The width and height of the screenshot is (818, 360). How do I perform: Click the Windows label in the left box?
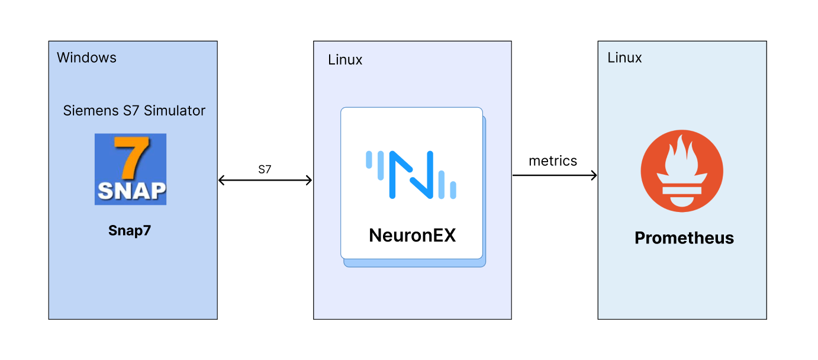click(86, 57)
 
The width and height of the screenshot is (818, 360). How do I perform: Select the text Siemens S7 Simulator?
click(134, 111)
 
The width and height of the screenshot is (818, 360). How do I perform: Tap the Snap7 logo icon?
click(130, 169)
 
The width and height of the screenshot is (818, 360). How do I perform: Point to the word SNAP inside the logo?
click(131, 191)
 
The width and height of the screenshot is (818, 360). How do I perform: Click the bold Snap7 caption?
click(130, 230)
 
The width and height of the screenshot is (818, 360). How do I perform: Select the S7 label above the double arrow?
click(265, 169)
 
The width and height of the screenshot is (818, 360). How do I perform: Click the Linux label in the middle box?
click(345, 60)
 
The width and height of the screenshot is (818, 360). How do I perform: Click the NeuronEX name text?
click(413, 235)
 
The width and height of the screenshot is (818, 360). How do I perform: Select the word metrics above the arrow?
click(553, 160)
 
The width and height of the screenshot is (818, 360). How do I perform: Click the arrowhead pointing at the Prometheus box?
click(593, 175)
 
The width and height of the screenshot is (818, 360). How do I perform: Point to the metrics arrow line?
click(550, 175)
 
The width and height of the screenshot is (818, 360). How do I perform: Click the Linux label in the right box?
click(624, 57)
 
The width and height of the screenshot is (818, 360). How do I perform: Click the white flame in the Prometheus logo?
click(682, 157)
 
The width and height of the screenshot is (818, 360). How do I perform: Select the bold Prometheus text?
click(684, 238)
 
